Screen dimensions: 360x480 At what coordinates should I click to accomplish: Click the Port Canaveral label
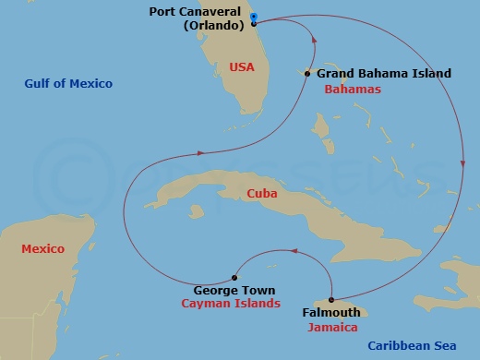[x=195, y=12]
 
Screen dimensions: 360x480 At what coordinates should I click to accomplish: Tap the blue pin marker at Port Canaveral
[x=254, y=17]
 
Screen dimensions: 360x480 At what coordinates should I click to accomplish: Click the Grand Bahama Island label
[x=383, y=73]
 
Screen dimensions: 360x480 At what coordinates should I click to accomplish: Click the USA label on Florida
[x=241, y=66]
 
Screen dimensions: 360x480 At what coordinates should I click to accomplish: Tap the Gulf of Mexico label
[x=68, y=84]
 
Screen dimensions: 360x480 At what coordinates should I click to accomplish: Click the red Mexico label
[x=43, y=249]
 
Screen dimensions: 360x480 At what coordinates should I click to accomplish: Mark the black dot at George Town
[x=234, y=277]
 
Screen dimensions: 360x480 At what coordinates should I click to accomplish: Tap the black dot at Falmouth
[x=330, y=299]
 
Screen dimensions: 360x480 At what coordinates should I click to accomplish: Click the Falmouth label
[x=330, y=313]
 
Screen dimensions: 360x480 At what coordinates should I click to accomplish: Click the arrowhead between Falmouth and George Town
[x=293, y=250]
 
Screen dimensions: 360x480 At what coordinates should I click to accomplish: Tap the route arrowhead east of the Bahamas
[x=463, y=163]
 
